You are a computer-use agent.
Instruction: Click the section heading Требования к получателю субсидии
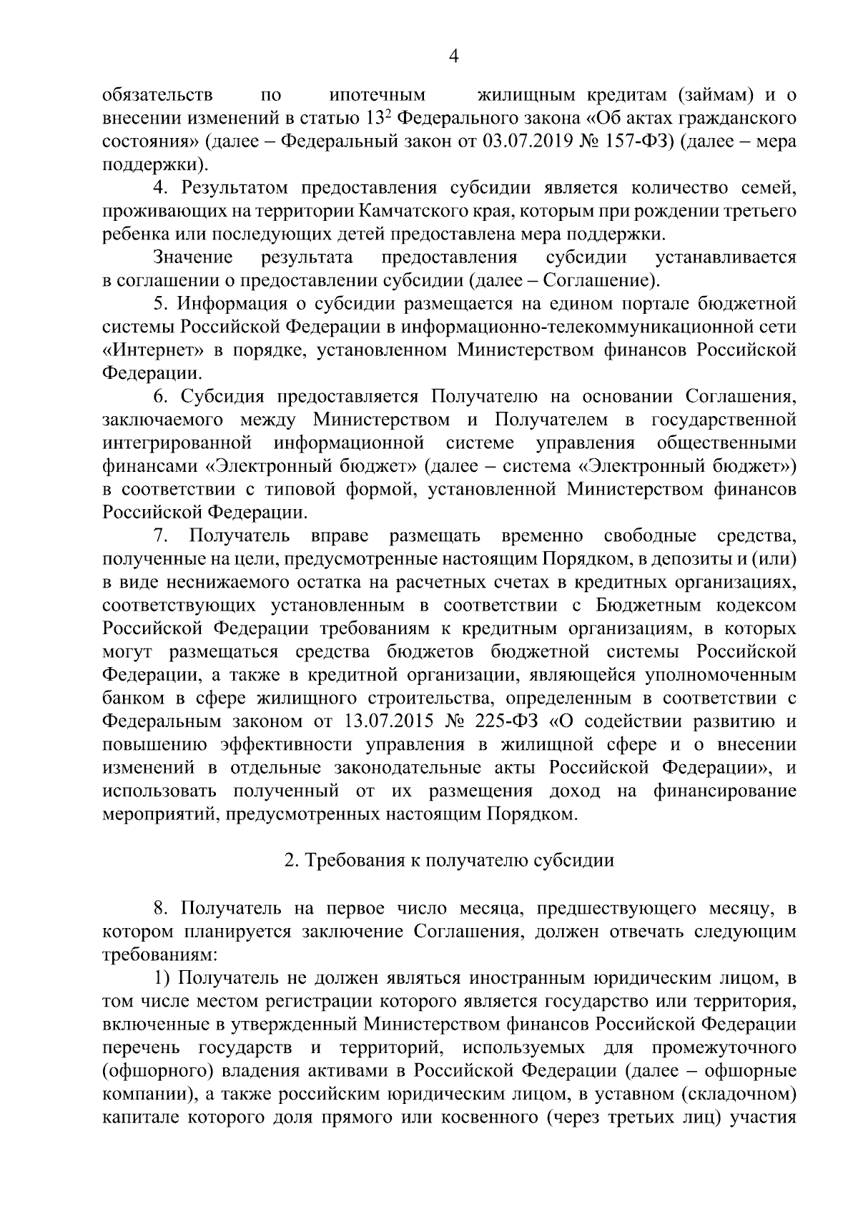tap(450, 860)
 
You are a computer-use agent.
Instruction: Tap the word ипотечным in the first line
tap(378, 94)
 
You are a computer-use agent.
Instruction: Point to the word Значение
tap(192, 257)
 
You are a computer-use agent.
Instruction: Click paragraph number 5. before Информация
tap(160, 304)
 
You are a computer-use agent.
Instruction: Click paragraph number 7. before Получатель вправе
tap(160, 536)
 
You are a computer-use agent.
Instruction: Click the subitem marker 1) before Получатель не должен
tap(162, 977)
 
